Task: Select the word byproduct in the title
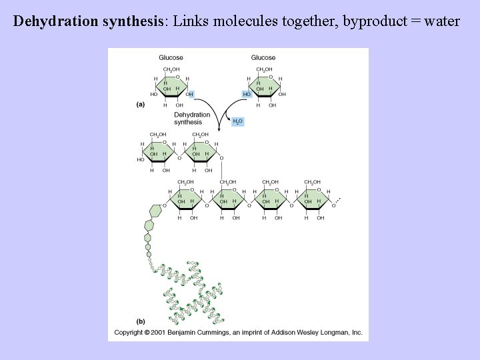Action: point(371,21)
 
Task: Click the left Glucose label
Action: point(171,57)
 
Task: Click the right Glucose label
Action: point(263,57)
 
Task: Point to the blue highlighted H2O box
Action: point(237,121)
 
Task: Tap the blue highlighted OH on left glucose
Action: point(190,95)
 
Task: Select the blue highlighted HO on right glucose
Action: point(246,95)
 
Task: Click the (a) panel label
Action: point(141,105)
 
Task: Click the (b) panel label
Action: point(141,321)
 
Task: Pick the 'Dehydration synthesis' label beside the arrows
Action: point(191,118)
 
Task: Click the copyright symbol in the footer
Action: point(147,332)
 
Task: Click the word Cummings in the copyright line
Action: point(219,332)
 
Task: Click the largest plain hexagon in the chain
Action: point(156,211)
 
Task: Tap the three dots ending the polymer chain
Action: point(337,199)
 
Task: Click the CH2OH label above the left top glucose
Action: point(171,69)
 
